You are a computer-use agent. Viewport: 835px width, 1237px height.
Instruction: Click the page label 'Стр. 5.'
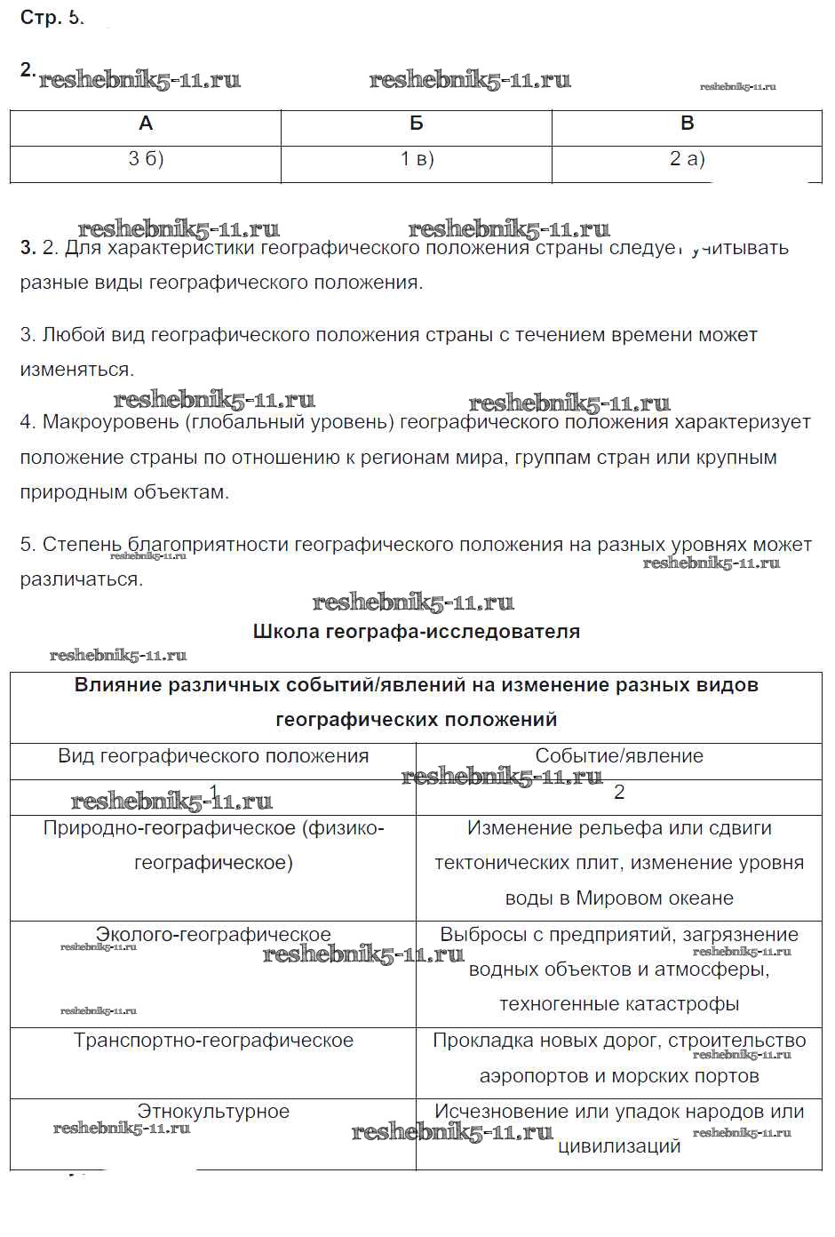coord(52,18)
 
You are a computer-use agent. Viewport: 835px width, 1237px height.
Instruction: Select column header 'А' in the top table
coord(146,124)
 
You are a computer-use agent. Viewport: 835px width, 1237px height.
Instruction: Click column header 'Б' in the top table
coord(417,124)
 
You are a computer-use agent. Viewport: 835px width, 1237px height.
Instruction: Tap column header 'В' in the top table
coord(687,124)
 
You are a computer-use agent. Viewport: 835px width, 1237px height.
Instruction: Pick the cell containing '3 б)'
coord(146,160)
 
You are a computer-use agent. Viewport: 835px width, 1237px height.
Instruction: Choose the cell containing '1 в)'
coord(417,160)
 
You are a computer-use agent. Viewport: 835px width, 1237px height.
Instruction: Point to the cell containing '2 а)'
coord(687,160)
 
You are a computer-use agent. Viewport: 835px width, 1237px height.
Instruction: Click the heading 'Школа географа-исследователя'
coord(417,632)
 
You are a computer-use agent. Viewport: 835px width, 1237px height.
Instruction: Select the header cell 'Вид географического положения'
coord(213,756)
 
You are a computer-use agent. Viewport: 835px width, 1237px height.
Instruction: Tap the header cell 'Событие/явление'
coord(619,756)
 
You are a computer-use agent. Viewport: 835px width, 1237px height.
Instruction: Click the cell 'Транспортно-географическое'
coord(213,1041)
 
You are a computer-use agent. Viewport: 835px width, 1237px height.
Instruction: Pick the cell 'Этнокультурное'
coord(213,1112)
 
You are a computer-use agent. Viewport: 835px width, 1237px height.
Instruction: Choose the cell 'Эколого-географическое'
coord(213,935)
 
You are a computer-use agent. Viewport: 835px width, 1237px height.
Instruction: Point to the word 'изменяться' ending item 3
coord(76,370)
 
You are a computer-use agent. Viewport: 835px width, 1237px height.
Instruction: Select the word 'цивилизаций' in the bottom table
coord(619,1146)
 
